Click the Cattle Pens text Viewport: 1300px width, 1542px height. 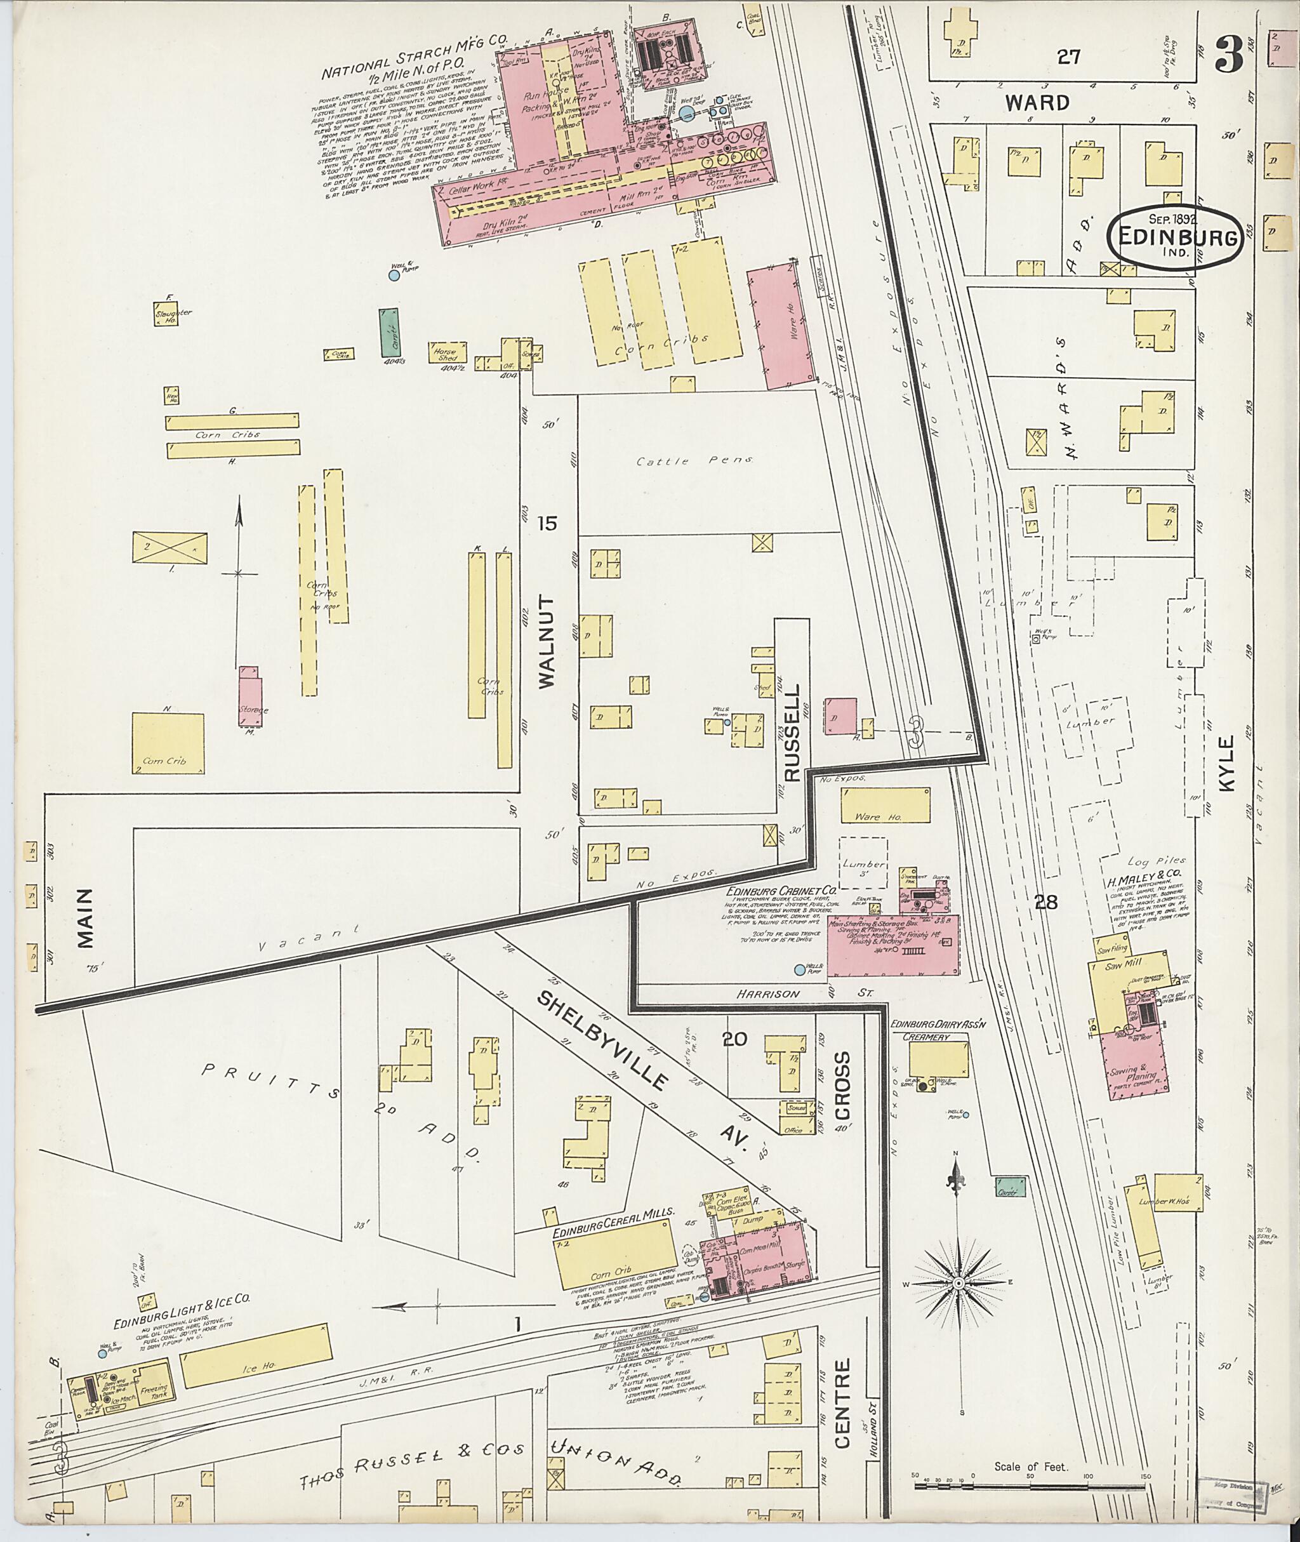696,461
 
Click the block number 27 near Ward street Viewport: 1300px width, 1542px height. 1068,56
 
